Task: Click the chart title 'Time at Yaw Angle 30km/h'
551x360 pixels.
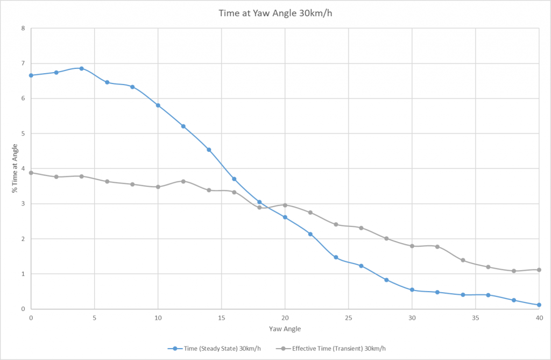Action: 275,13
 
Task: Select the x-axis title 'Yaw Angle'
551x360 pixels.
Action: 285,328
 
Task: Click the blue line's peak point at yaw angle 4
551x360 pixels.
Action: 82,68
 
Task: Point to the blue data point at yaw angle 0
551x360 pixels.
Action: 31,75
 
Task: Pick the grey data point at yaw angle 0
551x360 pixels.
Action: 31,173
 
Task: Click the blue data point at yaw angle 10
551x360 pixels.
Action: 158,105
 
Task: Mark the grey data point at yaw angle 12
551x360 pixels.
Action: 183,181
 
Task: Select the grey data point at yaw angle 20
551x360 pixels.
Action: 285,205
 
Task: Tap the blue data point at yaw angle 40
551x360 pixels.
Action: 539,305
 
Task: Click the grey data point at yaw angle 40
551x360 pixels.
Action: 539,270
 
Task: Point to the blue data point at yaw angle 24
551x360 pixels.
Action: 336,257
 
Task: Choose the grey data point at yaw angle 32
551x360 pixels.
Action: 437,246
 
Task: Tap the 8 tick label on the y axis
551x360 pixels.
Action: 23,28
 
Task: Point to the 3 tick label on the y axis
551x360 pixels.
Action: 23,204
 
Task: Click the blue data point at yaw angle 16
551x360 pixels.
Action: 234,179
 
